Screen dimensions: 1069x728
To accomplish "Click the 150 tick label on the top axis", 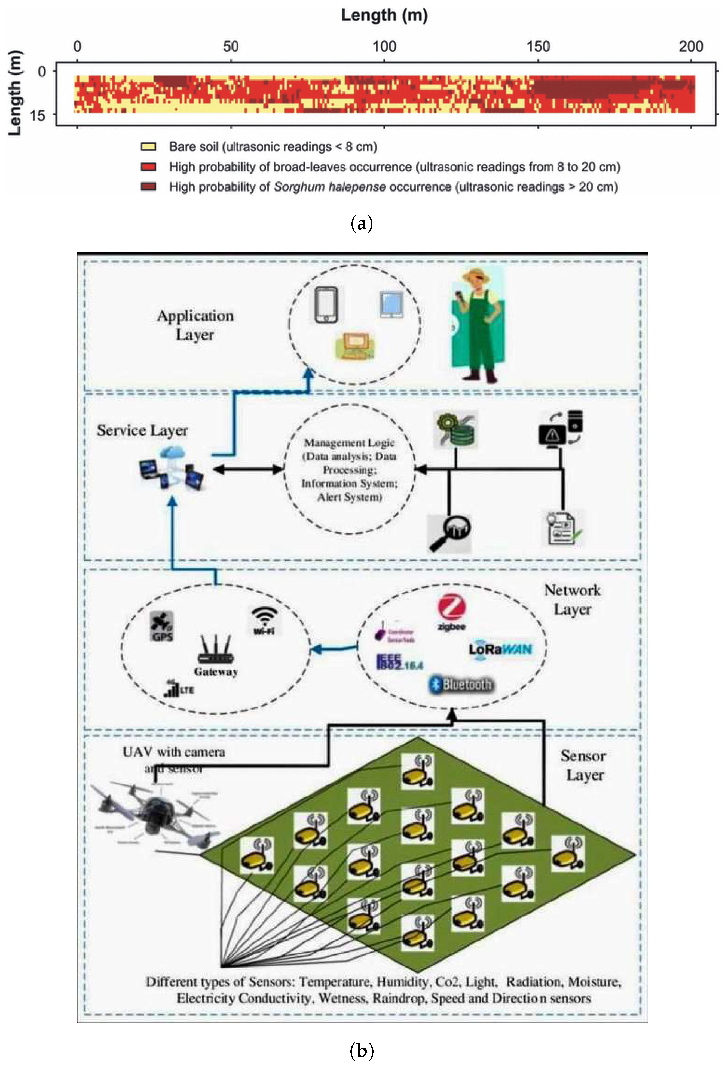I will pyautogui.click(x=537, y=47).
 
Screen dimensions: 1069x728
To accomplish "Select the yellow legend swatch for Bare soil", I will pyautogui.click(x=148, y=147).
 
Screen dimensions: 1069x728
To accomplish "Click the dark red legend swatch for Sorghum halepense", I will pyautogui.click(x=148, y=187).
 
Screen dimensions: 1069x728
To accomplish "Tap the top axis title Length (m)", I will pyautogui.click(x=384, y=16).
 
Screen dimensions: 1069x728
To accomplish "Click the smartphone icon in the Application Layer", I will pyautogui.click(x=326, y=304).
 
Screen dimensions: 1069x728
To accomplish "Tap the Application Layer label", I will pyautogui.click(x=195, y=325).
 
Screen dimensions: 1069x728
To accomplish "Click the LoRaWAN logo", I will pyautogui.click(x=501, y=649).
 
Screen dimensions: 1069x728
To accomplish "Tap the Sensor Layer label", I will pyautogui.click(x=583, y=765).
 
